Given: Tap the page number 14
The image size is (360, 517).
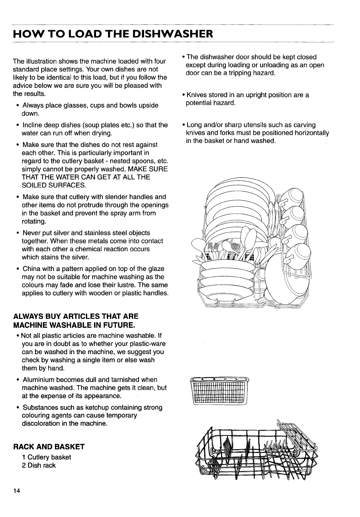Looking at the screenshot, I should (x=17, y=491).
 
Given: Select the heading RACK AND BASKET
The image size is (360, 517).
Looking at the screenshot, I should (x=49, y=446).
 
